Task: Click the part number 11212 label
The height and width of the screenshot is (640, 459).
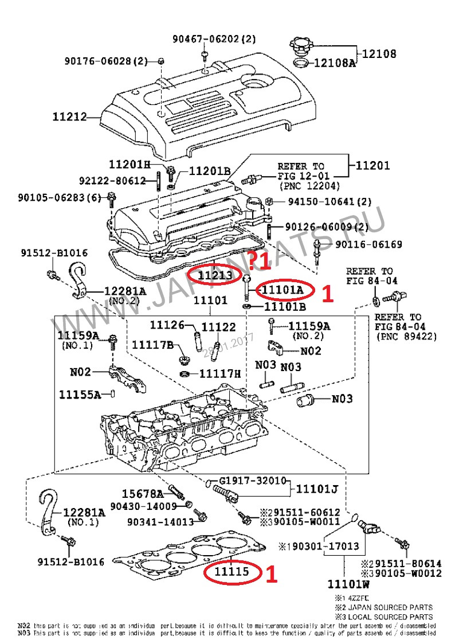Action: coord(69,117)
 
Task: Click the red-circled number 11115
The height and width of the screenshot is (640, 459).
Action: coord(232,572)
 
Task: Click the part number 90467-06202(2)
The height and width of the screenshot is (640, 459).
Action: coord(214,39)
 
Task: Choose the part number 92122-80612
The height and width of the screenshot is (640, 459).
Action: coord(112,181)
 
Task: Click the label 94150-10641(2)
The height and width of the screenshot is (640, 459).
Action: coord(329,202)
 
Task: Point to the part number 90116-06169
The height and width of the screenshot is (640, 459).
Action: coord(368,245)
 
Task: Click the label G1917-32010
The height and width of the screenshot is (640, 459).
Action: coord(252,480)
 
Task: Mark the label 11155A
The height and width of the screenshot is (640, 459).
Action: coord(80,395)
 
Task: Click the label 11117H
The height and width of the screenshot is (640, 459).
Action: coord(220,374)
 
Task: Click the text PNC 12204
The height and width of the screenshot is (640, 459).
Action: coord(309,186)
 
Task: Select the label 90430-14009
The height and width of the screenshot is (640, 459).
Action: coord(143,506)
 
